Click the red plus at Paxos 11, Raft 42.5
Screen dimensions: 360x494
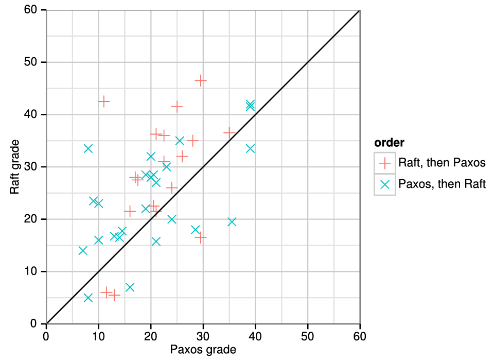click(x=103, y=101)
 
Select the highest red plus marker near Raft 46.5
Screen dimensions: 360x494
click(x=200, y=80)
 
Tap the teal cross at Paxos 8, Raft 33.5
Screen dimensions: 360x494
click(x=88, y=148)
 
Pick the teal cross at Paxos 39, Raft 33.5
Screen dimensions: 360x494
click(x=250, y=148)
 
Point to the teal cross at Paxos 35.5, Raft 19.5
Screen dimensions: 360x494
click(x=232, y=221)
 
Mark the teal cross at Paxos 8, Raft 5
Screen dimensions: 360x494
click(x=88, y=298)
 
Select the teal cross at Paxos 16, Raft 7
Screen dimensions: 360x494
click(x=130, y=287)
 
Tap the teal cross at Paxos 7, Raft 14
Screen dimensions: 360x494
click(x=83, y=250)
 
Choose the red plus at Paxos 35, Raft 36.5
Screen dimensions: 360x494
click(x=229, y=133)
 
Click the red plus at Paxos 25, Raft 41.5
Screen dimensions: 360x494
click(x=177, y=107)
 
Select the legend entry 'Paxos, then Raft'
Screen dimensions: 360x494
click(x=442, y=184)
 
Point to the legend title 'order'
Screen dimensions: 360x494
click(x=389, y=142)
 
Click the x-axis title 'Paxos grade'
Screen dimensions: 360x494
click(x=203, y=350)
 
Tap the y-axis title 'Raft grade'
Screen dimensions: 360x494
click(x=15, y=166)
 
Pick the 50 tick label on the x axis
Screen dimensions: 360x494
click(x=308, y=336)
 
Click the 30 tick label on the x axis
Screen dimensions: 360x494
click(x=203, y=336)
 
